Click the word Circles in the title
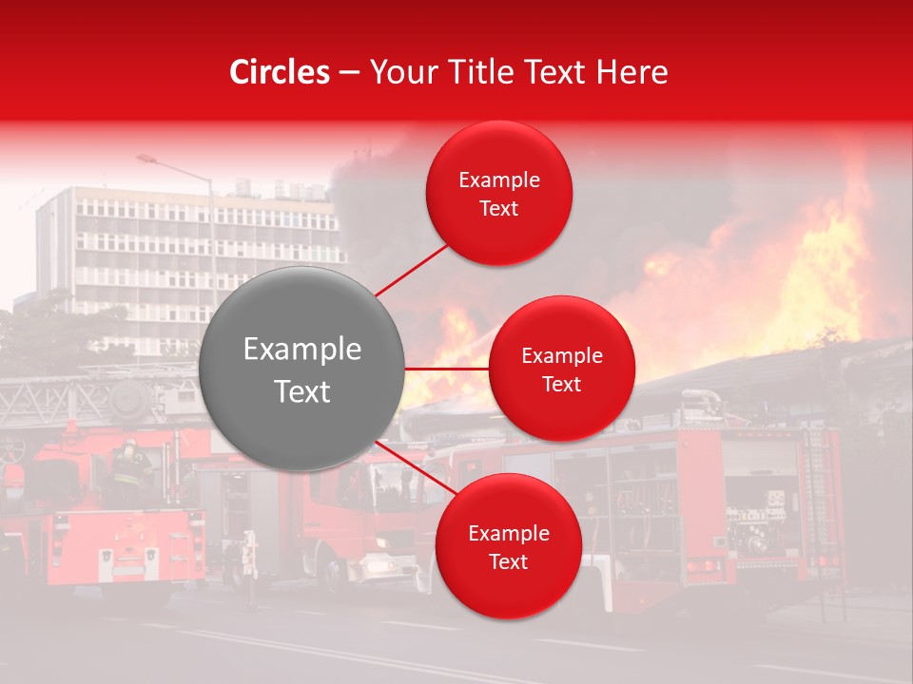tap(280, 72)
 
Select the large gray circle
tap(302, 369)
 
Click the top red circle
tap(499, 193)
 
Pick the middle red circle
tap(561, 369)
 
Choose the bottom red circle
tap(508, 546)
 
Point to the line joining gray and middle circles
tap(447, 369)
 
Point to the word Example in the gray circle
tap(302, 350)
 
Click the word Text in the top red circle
tap(499, 209)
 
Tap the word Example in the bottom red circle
tap(508, 534)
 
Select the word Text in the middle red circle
tap(561, 384)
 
